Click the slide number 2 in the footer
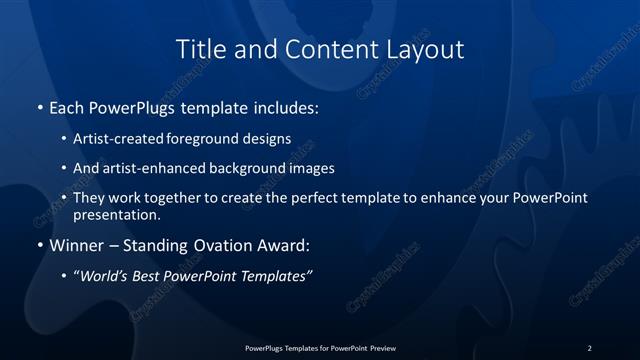pos(589,347)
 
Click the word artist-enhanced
pos(155,168)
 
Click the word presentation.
pos(117,214)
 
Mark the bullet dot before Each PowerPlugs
pos(39,106)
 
